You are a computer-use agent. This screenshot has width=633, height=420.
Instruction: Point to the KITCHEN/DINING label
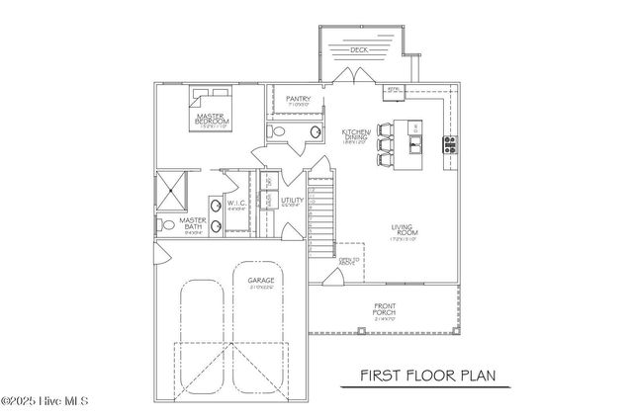[355, 136]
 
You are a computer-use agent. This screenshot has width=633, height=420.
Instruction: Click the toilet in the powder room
[279, 131]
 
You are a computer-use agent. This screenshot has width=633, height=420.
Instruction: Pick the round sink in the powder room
[315, 132]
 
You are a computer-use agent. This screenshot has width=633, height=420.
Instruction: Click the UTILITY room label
[292, 202]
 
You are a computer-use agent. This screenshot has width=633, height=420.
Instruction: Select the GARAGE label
[261, 282]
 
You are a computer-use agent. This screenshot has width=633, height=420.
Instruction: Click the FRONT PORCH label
[385, 309]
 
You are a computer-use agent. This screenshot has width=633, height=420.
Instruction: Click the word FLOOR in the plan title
[440, 377]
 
